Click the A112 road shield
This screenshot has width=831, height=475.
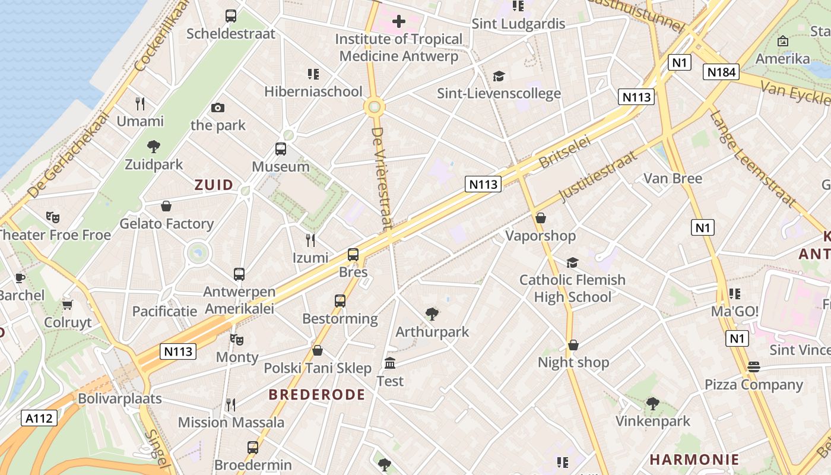(x=40, y=418)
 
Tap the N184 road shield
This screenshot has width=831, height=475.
(x=722, y=72)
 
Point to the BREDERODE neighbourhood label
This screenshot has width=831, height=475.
(x=316, y=395)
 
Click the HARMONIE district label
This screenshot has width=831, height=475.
(x=694, y=459)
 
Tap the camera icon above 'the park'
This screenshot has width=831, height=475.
(x=218, y=107)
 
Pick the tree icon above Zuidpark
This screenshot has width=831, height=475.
(x=154, y=146)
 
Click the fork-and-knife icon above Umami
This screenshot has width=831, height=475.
(x=140, y=104)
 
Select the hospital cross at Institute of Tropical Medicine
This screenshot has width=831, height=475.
(x=399, y=22)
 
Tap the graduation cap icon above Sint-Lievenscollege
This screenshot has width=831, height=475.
(x=499, y=76)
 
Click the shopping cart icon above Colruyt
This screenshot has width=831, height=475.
(x=68, y=305)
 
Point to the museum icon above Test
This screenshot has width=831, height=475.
(x=390, y=363)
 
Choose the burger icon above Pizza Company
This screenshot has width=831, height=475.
(x=754, y=366)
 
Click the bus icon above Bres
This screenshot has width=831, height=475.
(x=353, y=255)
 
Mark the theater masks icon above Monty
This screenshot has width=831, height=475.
(x=237, y=339)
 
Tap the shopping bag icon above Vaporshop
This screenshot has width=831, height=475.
(x=540, y=218)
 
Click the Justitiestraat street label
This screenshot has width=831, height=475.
(x=598, y=176)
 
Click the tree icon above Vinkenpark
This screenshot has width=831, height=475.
(x=653, y=404)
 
